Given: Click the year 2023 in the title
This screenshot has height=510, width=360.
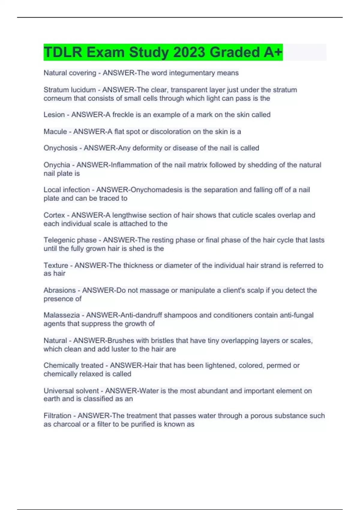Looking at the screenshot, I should point(190,52).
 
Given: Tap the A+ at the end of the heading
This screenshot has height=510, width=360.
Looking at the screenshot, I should point(273,52).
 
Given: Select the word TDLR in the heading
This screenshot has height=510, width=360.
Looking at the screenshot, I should point(63,52).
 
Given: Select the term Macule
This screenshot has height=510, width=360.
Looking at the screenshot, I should point(55,131).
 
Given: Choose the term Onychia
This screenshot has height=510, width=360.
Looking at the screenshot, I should point(57,165).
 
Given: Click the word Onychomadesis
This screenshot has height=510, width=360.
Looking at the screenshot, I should point(156,190).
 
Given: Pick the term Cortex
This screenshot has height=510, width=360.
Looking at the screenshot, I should point(54,215).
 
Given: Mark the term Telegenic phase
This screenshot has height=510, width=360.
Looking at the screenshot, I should point(70,240).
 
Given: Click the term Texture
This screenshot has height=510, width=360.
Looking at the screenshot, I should point(56,265).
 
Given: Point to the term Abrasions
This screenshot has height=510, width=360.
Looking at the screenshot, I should point(60,290).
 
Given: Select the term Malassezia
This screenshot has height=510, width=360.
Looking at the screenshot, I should point(62,315).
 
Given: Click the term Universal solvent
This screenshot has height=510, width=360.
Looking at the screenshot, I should point(71,391).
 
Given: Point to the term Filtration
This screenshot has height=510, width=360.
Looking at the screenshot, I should point(57,415).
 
